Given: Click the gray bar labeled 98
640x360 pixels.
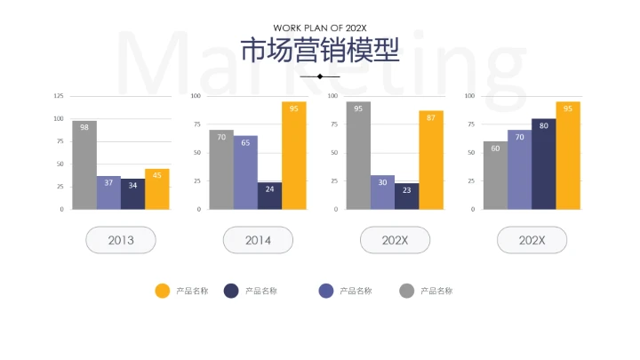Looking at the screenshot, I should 84,165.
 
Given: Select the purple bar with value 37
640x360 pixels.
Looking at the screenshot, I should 108,192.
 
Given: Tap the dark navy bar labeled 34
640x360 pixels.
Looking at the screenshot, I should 132,194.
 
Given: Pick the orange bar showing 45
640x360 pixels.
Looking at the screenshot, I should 157,188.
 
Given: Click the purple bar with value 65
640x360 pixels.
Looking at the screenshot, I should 245,172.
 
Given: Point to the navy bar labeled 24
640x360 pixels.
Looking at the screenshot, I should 269,196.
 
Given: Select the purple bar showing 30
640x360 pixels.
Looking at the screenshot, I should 382,192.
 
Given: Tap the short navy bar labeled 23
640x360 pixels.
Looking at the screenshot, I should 406,196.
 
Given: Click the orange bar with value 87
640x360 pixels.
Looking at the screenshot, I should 431,160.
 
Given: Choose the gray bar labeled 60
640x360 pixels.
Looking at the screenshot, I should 495,175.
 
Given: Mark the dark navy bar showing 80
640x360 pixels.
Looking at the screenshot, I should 543,164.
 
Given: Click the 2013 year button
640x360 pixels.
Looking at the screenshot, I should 121,240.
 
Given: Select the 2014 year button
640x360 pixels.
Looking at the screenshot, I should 258,240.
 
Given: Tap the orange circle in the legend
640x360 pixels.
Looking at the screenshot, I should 162,291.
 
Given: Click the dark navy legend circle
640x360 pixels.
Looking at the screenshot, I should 231,291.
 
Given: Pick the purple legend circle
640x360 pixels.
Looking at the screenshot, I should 325,291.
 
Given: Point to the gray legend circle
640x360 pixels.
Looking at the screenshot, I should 406,291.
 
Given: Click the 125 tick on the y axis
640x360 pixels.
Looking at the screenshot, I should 59,96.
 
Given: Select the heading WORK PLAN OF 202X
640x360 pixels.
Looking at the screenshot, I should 320,28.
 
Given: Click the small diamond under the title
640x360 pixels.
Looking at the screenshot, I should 320,76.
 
